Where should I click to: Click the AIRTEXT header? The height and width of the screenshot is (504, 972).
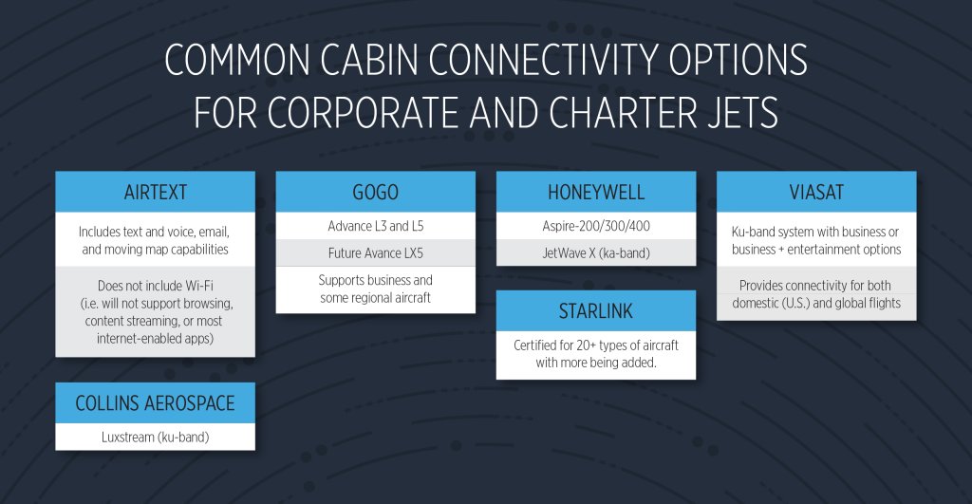click(x=155, y=193)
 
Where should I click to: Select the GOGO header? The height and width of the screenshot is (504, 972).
click(x=375, y=193)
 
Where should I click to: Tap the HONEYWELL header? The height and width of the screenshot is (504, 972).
click(x=595, y=193)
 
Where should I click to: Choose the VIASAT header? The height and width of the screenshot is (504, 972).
click(x=815, y=193)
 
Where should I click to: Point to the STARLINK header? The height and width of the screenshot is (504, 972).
click(x=595, y=310)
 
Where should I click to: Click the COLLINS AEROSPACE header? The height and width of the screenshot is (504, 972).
click(x=155, y=403)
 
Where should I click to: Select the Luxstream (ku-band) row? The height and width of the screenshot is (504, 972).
click(x=155, y=438)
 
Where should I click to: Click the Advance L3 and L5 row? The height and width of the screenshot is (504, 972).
click(x=375, y=226)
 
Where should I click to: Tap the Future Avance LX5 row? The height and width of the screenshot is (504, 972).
click(x=375, y=252)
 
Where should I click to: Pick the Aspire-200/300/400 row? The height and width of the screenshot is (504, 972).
click(x=595, y=226)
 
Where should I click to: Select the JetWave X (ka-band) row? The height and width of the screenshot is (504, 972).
click(x=595, y=252)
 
